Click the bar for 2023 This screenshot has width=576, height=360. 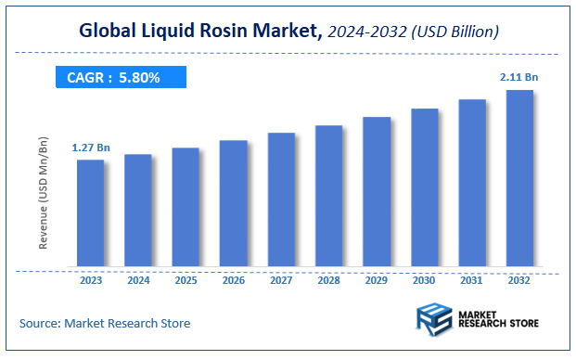pos(90,213)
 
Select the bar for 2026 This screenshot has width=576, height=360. pos(234,204)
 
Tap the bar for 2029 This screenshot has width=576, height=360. pos(377,192)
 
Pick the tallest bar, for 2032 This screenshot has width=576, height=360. pos(519,178)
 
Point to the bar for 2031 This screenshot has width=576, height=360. pos(472,184)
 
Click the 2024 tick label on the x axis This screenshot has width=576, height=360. pos(138,279)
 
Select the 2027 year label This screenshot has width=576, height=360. pos(281,279)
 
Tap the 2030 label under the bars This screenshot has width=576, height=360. pos(424,279)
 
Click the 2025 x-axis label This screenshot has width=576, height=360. pos(186,279)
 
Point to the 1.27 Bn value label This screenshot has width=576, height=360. pos(90,148)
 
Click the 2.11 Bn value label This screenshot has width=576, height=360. pos(519,77)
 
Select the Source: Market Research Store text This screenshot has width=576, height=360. pos(105,324)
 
